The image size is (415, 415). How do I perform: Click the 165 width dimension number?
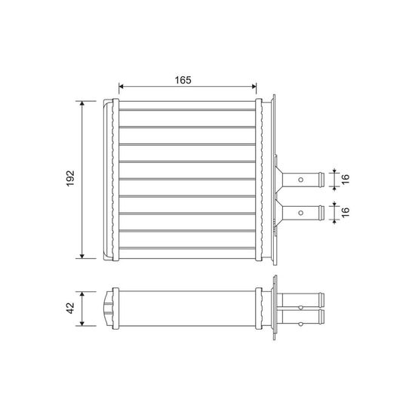tap(183, 80)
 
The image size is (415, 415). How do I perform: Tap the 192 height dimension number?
tap(70, 178)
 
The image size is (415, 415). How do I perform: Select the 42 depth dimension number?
tap(70, 308)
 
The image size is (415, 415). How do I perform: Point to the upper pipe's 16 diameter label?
tap(346, 179)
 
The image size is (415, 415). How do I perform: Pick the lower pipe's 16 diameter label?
tap(346, 212)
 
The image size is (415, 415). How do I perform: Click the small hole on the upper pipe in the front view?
tap(300, 180)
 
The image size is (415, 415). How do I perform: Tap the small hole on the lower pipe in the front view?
tap(300, 213)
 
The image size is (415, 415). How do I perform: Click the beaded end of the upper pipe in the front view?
tap(321, 180)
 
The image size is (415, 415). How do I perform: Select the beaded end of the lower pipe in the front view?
tap(321, 213)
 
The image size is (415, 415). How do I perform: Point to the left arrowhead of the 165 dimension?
tap(121, 86)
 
